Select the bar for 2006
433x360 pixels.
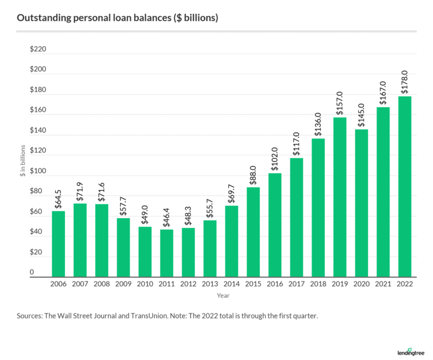59,244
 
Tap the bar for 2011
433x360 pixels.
167,253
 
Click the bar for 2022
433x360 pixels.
405,186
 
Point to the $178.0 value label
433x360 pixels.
405,83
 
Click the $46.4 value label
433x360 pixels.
167,218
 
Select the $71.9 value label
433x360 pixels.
80,191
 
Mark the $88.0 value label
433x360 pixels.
253,174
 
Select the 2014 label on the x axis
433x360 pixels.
232,284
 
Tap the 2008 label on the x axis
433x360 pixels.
102,284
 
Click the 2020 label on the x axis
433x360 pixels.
362,284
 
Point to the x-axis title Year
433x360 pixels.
223,296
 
